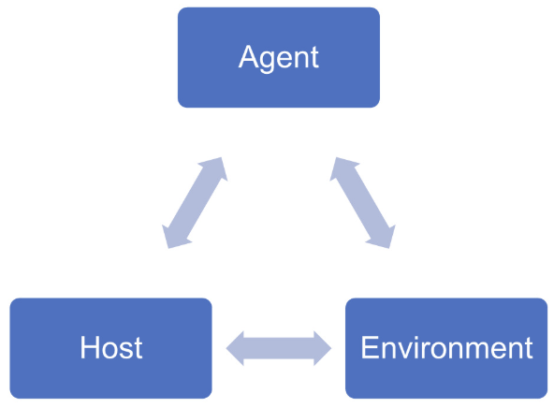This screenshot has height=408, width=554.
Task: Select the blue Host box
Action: [x=110, y=348]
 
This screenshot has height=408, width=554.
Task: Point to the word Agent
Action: [x=279, y=57]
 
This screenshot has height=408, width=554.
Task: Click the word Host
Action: [x=111, y=348]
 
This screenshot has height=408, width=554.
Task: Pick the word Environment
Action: [x=446, y=348]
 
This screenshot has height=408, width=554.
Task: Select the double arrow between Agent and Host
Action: [x=195, y=203]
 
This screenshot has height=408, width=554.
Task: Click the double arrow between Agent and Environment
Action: [x=362, y=203]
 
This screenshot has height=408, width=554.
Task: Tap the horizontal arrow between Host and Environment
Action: [x=279, y=348]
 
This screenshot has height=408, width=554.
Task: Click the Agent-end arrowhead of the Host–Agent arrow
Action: [x=215, y=168]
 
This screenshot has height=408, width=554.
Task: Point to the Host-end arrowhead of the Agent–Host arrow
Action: [x=174, y=237]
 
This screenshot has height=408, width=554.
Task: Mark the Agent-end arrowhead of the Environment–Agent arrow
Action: [x=341, y=168]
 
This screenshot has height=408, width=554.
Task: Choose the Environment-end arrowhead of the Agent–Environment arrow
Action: [x=382, y=237]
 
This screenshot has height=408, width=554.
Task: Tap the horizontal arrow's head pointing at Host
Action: [x=237, y=348]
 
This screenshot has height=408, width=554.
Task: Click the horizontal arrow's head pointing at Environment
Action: [x=321, y=348]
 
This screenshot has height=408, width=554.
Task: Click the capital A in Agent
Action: [x=249, y=57]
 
